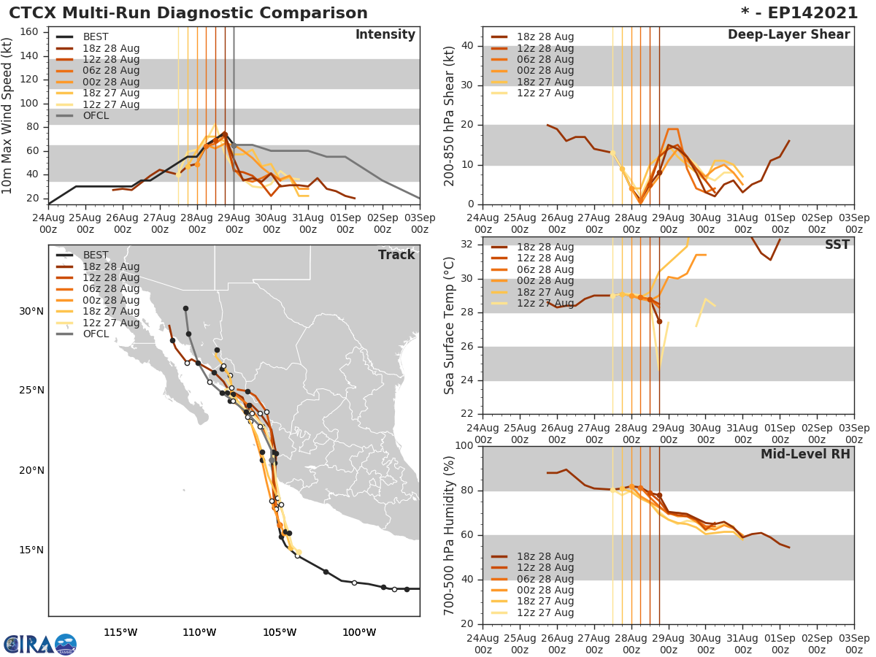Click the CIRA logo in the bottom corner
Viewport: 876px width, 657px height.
tap(39, 644)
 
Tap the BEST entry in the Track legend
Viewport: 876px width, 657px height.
tap(95, 255)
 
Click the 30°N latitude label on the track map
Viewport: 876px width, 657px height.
tap(31, 311)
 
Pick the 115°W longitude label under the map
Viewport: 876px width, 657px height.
tap(120, 632)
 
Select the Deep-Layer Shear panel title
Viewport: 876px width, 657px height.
tap(788, 35)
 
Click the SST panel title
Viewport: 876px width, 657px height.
tap(837, 245)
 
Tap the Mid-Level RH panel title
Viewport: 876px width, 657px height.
tap(805, 454)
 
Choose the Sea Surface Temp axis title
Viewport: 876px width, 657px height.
tap(450, 326)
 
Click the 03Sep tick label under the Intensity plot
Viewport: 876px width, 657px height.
tap(419, 223)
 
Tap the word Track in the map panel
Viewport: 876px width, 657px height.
tap(396, 255)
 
